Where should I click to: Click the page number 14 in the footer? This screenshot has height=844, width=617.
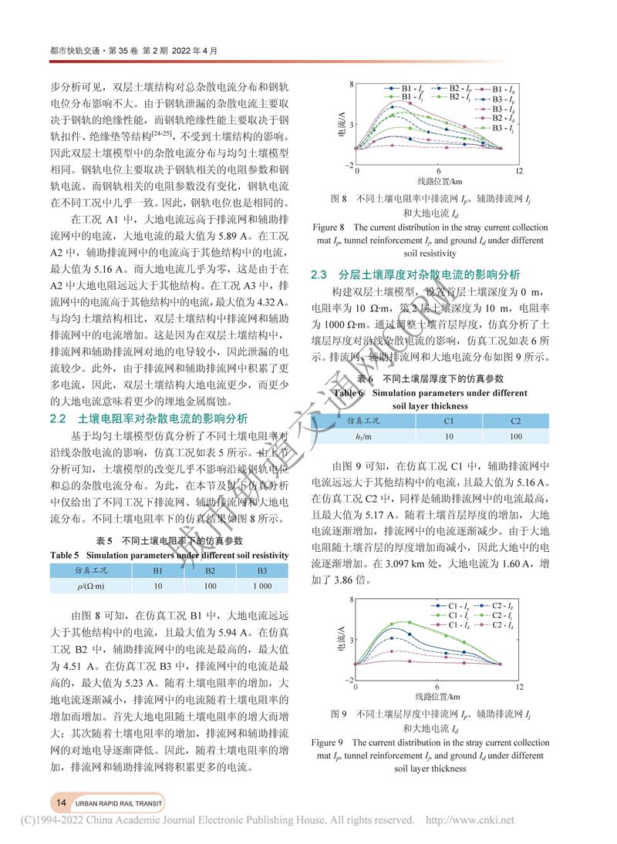[60, 802]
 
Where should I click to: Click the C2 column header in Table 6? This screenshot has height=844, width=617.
[515, 420]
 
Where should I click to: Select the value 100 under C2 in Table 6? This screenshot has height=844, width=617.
[515, 437]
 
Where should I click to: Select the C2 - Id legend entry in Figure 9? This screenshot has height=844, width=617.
[497, 626]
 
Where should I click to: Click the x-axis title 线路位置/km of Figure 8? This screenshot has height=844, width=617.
[437, 181]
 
